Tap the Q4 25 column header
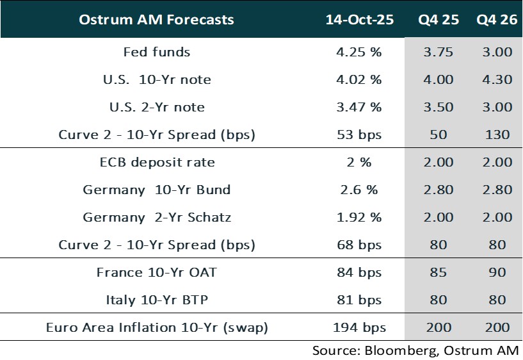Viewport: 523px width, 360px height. [x=439, y=19]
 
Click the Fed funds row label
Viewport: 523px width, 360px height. [x=157, y=52]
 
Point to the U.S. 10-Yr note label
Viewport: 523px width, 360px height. [x=157, y=79]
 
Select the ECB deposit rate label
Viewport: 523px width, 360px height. [x=157, y=162]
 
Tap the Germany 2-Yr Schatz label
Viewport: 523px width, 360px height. [x=157, y=217]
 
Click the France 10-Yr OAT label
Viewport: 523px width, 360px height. [x=157, y=272]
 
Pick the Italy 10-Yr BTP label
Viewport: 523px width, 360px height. [x=157, y=300]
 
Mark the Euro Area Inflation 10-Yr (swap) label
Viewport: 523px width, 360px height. [x=157, y=327]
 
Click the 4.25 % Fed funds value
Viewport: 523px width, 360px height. [x=359, y=52]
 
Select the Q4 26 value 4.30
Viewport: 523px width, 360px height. [x=497, y=79]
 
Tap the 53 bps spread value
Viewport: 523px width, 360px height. [x=359, y=135]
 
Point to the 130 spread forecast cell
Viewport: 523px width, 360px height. [x=497, y=135]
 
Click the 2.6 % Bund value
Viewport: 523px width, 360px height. [x=359, y=190]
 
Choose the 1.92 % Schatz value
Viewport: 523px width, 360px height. [x=359, y=217]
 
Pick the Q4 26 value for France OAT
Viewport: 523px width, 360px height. [x=497, y=272]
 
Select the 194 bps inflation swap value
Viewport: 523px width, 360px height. [x=359, y=327]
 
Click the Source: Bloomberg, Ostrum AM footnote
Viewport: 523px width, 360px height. [x=415, y=350]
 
